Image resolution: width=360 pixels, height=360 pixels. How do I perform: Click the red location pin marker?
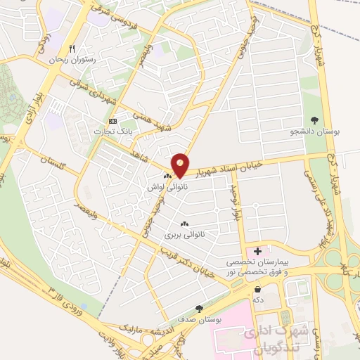point(181,165)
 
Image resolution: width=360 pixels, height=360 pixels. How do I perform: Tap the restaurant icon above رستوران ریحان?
point(71,49)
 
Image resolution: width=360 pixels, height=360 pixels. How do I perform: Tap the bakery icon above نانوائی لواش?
point(167,176)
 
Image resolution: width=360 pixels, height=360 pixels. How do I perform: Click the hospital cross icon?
point(257,250)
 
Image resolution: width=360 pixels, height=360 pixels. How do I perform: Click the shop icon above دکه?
point(258,289)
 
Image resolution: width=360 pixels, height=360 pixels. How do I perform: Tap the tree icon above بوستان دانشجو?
point(314,120)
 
